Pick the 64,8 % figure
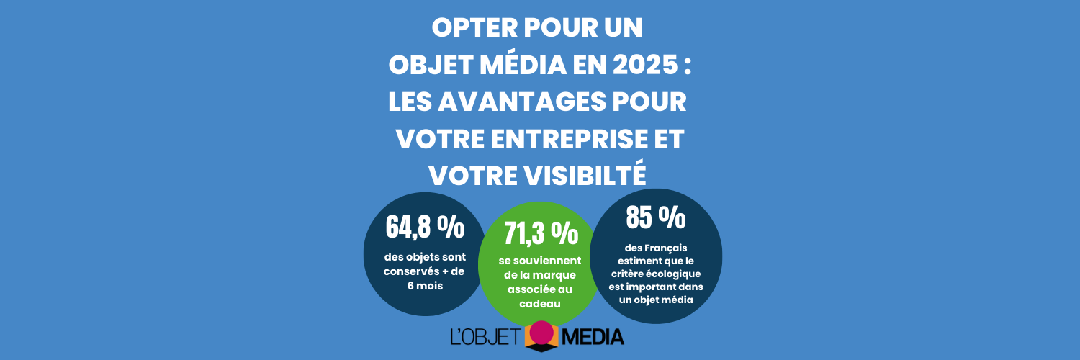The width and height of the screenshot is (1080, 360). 425,227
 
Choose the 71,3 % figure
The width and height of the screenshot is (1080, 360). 540,233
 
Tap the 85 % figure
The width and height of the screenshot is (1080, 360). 655,217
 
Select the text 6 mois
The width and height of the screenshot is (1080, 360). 424,285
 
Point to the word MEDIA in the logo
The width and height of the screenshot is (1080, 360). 592,336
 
